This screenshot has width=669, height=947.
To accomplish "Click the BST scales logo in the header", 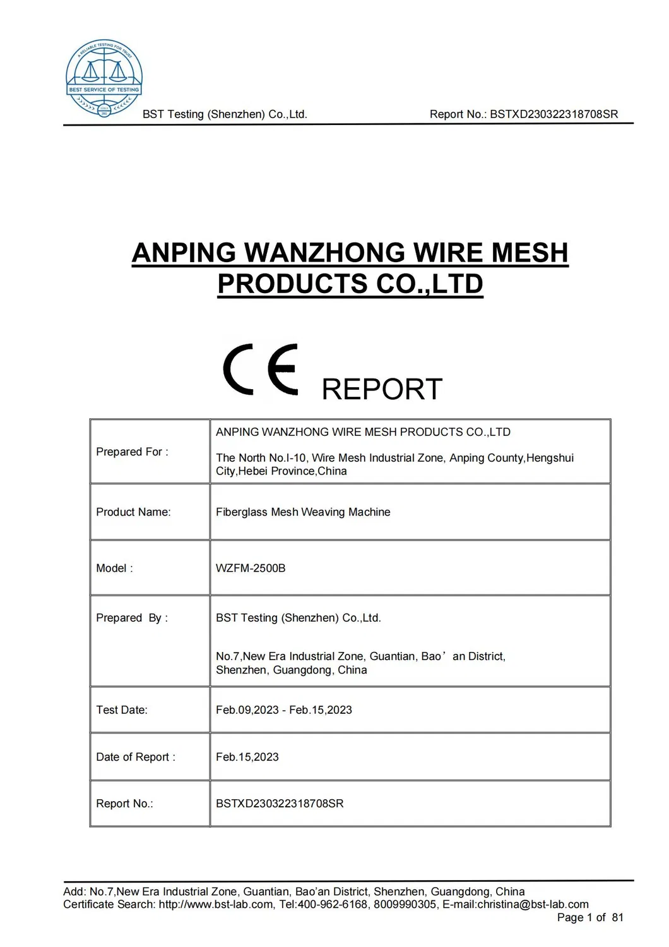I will pyautogui.click(x=104, y=78).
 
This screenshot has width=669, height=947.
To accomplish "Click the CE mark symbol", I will pyautogui.click(x=261, y=370).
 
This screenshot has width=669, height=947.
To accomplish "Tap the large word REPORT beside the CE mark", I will pyautogui.click(x=382, y=389).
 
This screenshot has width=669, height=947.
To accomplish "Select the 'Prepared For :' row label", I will pyautogui.click(x=132, y=452).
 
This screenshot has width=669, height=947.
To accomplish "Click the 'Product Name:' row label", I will pyautogui.click(x=133, y=512).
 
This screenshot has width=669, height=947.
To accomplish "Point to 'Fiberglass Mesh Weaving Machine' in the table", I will pyautogui.click(x=303, y=512).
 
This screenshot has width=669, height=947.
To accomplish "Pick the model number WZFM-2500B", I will pyautogui.click(x=251, y=568).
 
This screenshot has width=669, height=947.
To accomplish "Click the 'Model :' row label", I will pyautogui.click(x=114, y=568).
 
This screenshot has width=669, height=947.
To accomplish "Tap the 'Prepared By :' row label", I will pyautogui.click(x=131, y=618).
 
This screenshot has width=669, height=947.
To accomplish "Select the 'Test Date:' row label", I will pyautogui.click(x=122, y=709).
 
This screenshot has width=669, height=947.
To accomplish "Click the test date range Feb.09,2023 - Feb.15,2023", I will pyautogui.click(x=284, y=709).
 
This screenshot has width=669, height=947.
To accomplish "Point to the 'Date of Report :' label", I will pyautogui.click(x=136, y=757).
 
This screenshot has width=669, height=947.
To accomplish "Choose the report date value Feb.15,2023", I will pyautogui.click(x=247, y=757).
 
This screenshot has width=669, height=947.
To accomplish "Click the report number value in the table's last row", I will pyautogui.click(x=280, y=804).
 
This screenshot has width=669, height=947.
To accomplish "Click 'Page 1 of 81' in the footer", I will pyautogui.click(x=590, y=917).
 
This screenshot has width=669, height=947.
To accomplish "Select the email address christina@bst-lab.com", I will pyautogui.click(x=533, y=905).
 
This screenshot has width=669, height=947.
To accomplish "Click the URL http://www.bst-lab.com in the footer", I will pyautogui.click(x=216, y=905).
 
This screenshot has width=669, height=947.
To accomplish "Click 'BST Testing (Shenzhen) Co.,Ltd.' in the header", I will pyautogui.click(x=225, y=114).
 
